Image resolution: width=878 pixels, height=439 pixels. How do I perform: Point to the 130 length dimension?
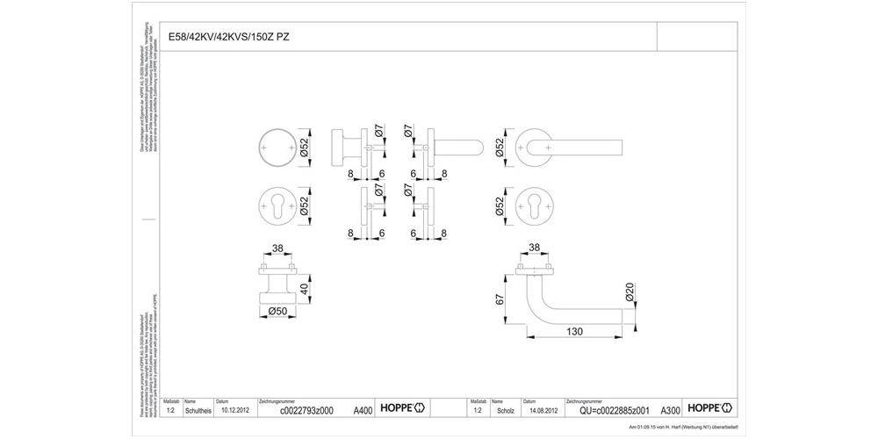575,332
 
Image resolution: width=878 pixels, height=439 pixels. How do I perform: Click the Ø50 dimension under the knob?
278,311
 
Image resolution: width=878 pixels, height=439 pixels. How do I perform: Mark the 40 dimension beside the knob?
304,288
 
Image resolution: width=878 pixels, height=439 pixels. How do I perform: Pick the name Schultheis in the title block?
199,410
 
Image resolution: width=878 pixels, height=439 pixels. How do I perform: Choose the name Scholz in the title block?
505,410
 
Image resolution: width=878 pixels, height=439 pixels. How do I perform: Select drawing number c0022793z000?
306,410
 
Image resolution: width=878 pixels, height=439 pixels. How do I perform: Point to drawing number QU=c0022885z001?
615,410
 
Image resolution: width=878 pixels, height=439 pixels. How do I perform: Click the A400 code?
363,410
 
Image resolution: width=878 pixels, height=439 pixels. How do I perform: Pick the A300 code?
670,410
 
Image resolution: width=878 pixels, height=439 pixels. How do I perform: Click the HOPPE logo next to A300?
709,408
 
